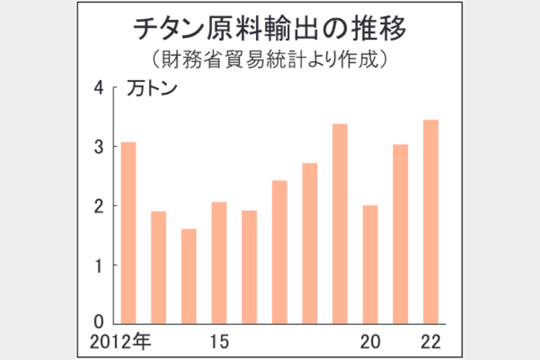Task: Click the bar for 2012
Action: tap(128, 233)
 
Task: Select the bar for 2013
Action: tap(159, 267)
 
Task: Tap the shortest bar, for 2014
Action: tap(189, 276)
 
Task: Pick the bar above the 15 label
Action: tap(219, 263)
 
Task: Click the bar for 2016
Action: tap(249, 267)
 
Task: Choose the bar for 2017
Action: tap(279, 252)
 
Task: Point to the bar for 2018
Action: tap(310, 243)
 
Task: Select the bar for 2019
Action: tap(340, 224)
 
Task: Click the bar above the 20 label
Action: tap(370, 264)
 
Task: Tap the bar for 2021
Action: tap(400, 234)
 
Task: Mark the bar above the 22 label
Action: tap(430, 222)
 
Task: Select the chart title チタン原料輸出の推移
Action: tap(269, 30)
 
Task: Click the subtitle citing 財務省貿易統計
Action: tap(269, 60)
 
